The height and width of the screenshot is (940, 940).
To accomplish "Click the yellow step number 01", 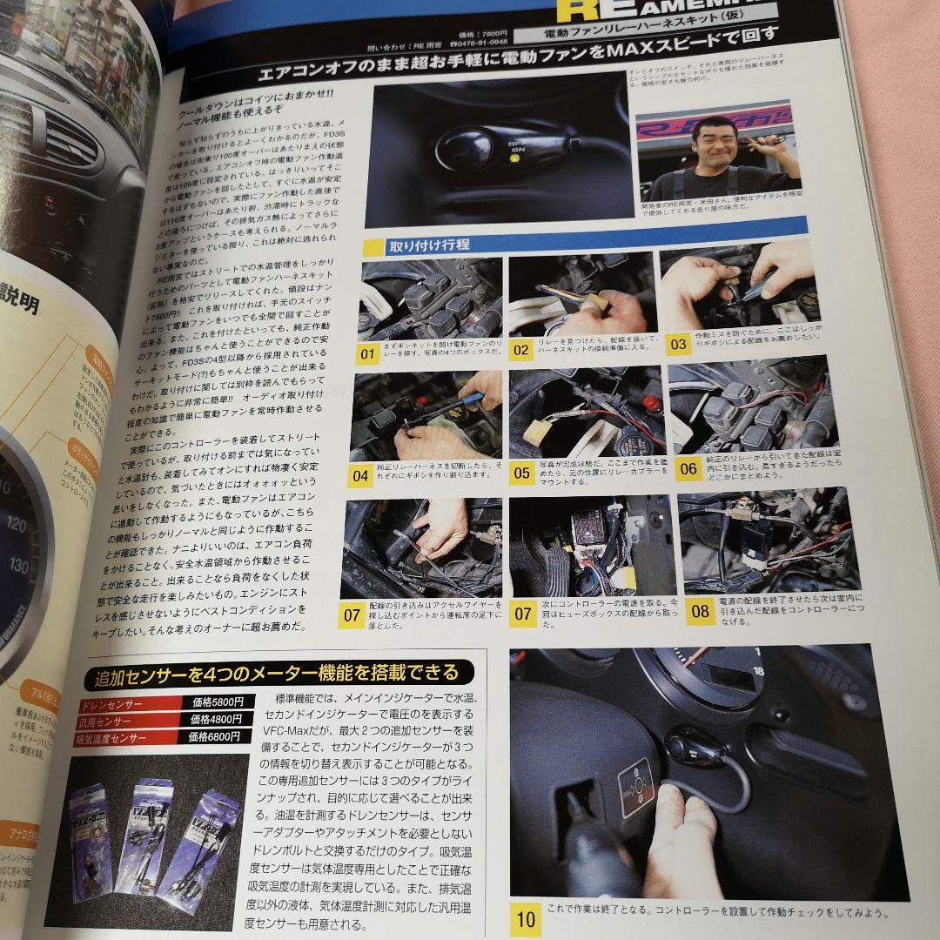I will [367, 354].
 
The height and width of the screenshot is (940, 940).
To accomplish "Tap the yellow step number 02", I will [521, 352].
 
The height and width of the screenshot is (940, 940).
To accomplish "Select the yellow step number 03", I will [676, 344].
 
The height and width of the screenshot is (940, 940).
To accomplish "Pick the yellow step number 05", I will [521, 473].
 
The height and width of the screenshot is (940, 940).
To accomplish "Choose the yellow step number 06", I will [688, 468].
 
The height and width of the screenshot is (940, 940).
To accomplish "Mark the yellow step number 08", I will [700, 608].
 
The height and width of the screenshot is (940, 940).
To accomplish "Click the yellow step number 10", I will [527, 918].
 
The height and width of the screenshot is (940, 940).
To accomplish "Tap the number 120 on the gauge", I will [39, 524].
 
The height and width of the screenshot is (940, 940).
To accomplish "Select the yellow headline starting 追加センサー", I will [276, 673].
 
